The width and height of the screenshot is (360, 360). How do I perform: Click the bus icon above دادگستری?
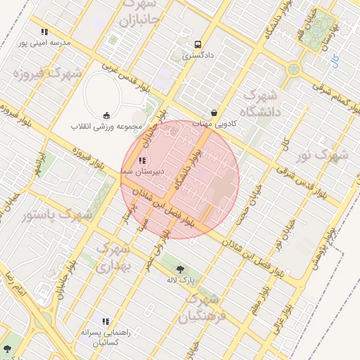point(198,42)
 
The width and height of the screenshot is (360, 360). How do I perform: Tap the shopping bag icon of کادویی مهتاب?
point(214,112)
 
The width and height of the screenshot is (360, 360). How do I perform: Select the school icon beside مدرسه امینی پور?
point(44,32)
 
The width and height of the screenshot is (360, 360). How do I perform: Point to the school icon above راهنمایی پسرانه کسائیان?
point(105,321)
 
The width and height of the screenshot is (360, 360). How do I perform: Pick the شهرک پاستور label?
point(57,214)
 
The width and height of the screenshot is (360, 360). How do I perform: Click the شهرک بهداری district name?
point(112,258)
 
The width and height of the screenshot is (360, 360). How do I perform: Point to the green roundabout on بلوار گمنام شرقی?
point(293,69)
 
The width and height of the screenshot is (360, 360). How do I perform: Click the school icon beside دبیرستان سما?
point(143,161)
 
